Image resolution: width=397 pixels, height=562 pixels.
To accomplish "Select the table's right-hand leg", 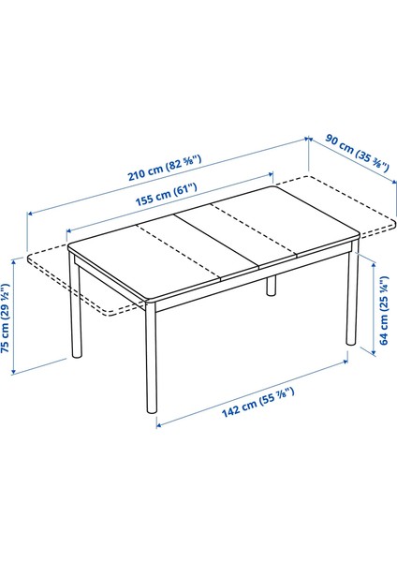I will [353, 300].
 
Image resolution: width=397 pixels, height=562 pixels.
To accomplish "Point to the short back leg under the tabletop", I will [272, 285].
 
